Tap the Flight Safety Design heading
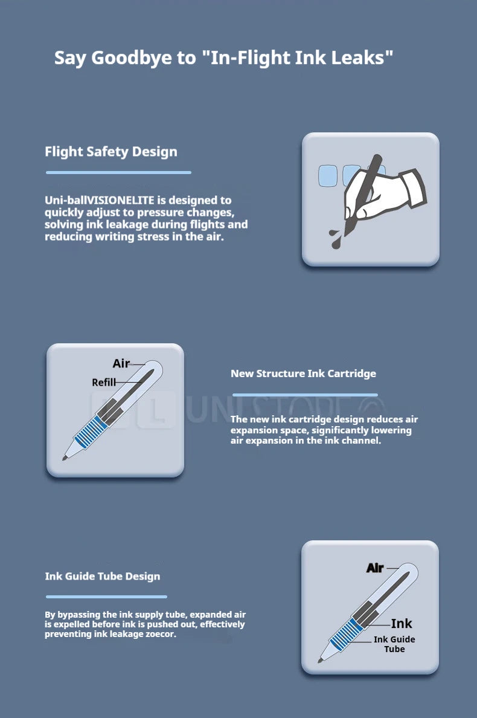(x=111, y=152)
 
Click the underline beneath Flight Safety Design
(x=118, y=173)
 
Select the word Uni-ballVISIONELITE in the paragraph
(x=99, y=200)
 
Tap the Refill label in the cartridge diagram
(x=103, y=383)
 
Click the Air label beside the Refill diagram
(x=121, y=364)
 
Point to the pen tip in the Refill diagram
(x=65, y=458)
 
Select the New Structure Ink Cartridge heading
(x=303, y=374)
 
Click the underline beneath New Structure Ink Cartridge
(x=305, y=395)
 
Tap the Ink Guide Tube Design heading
(x=103, y=576)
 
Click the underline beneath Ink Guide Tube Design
(x=106, y=597)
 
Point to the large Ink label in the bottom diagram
(x=402, y=624)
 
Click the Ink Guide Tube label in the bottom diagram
(x=394, y=644)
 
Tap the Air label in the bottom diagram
(x=375, y=568)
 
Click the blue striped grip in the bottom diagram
(x=346, y=635)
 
